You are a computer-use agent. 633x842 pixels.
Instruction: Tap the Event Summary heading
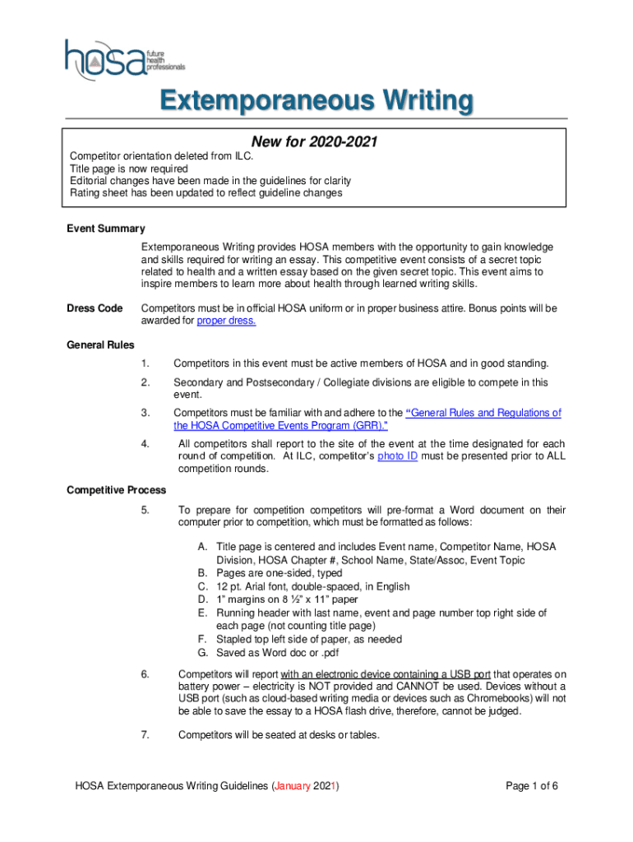tap(105, 229)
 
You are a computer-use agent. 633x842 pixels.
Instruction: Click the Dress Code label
tap(94, 308)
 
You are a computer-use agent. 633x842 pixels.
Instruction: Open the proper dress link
tap(226, 321)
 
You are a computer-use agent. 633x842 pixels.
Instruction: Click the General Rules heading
tap(100, 345)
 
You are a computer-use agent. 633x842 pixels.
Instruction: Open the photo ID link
tap(398, 456)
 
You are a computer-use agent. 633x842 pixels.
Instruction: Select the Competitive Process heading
tap(116, 490)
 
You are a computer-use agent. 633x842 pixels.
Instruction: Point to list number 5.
tap(145, 510)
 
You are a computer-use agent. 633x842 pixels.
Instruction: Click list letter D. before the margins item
tap(202, 599)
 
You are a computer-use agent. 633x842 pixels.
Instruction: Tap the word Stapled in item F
tap(234, 639)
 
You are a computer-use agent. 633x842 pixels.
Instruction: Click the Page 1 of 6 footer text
tap(532, 786)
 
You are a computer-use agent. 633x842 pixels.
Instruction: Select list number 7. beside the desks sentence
tap(145, 735)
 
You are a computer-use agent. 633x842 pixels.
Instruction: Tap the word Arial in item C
tap(263, 586)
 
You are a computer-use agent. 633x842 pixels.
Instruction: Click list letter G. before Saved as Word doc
tap(202, 652)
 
